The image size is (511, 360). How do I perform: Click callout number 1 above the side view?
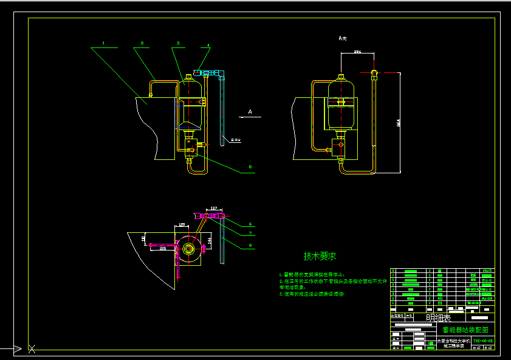(104, 43)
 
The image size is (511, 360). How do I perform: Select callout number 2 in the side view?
(142, 43)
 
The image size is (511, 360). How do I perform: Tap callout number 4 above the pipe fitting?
(208, 45)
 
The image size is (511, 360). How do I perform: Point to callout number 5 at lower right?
(250, 167)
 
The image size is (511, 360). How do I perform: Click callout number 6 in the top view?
(250, 224)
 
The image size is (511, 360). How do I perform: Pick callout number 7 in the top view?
(250, 234)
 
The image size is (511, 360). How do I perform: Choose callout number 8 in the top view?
(250, 246)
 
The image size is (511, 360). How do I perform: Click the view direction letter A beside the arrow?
(250, 111)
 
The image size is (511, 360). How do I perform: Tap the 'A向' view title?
(343, 38)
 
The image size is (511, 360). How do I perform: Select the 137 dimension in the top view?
(214, 208)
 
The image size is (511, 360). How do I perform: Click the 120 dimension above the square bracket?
(182, 225)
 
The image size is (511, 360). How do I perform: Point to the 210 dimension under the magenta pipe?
(163, 249)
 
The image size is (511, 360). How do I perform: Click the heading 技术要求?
(320, 256)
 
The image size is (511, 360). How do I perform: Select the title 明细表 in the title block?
(438, 317)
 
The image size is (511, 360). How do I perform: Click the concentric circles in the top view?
(188, 249)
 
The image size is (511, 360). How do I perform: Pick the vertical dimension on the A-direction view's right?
(399, 122)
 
